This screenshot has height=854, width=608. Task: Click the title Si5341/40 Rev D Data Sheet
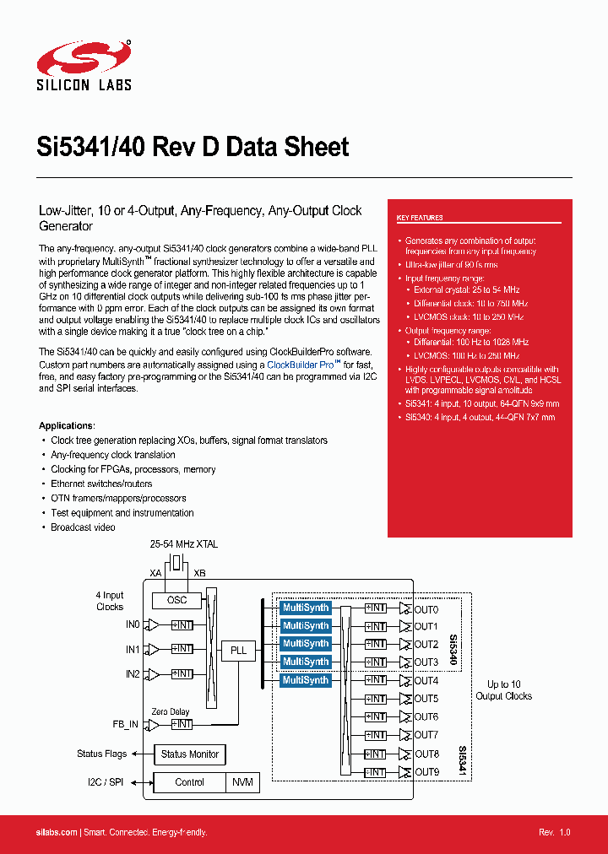pos(193,147)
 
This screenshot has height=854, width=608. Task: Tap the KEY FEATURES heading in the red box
pos(420,218)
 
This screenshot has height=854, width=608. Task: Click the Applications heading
pos(67,425)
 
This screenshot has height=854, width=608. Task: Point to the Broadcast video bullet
pos(83,527)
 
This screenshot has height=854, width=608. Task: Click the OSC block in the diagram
pos(176,600)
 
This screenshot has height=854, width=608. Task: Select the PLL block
pos(239,650)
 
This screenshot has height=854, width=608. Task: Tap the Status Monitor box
pos(190,754)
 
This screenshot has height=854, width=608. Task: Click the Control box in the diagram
pos(189,782)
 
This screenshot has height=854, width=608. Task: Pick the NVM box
pos(242,782)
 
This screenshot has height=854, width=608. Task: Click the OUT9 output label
pos(426,772)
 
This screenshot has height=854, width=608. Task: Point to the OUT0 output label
pos(426,608)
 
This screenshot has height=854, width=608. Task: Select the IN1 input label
pos(132,650)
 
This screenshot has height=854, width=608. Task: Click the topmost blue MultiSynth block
pos(306,608)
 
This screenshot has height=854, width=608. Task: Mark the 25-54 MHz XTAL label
pos(183,544)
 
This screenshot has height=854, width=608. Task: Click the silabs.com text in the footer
pos(57,832)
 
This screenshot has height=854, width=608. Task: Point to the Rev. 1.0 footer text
pos(555,832)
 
